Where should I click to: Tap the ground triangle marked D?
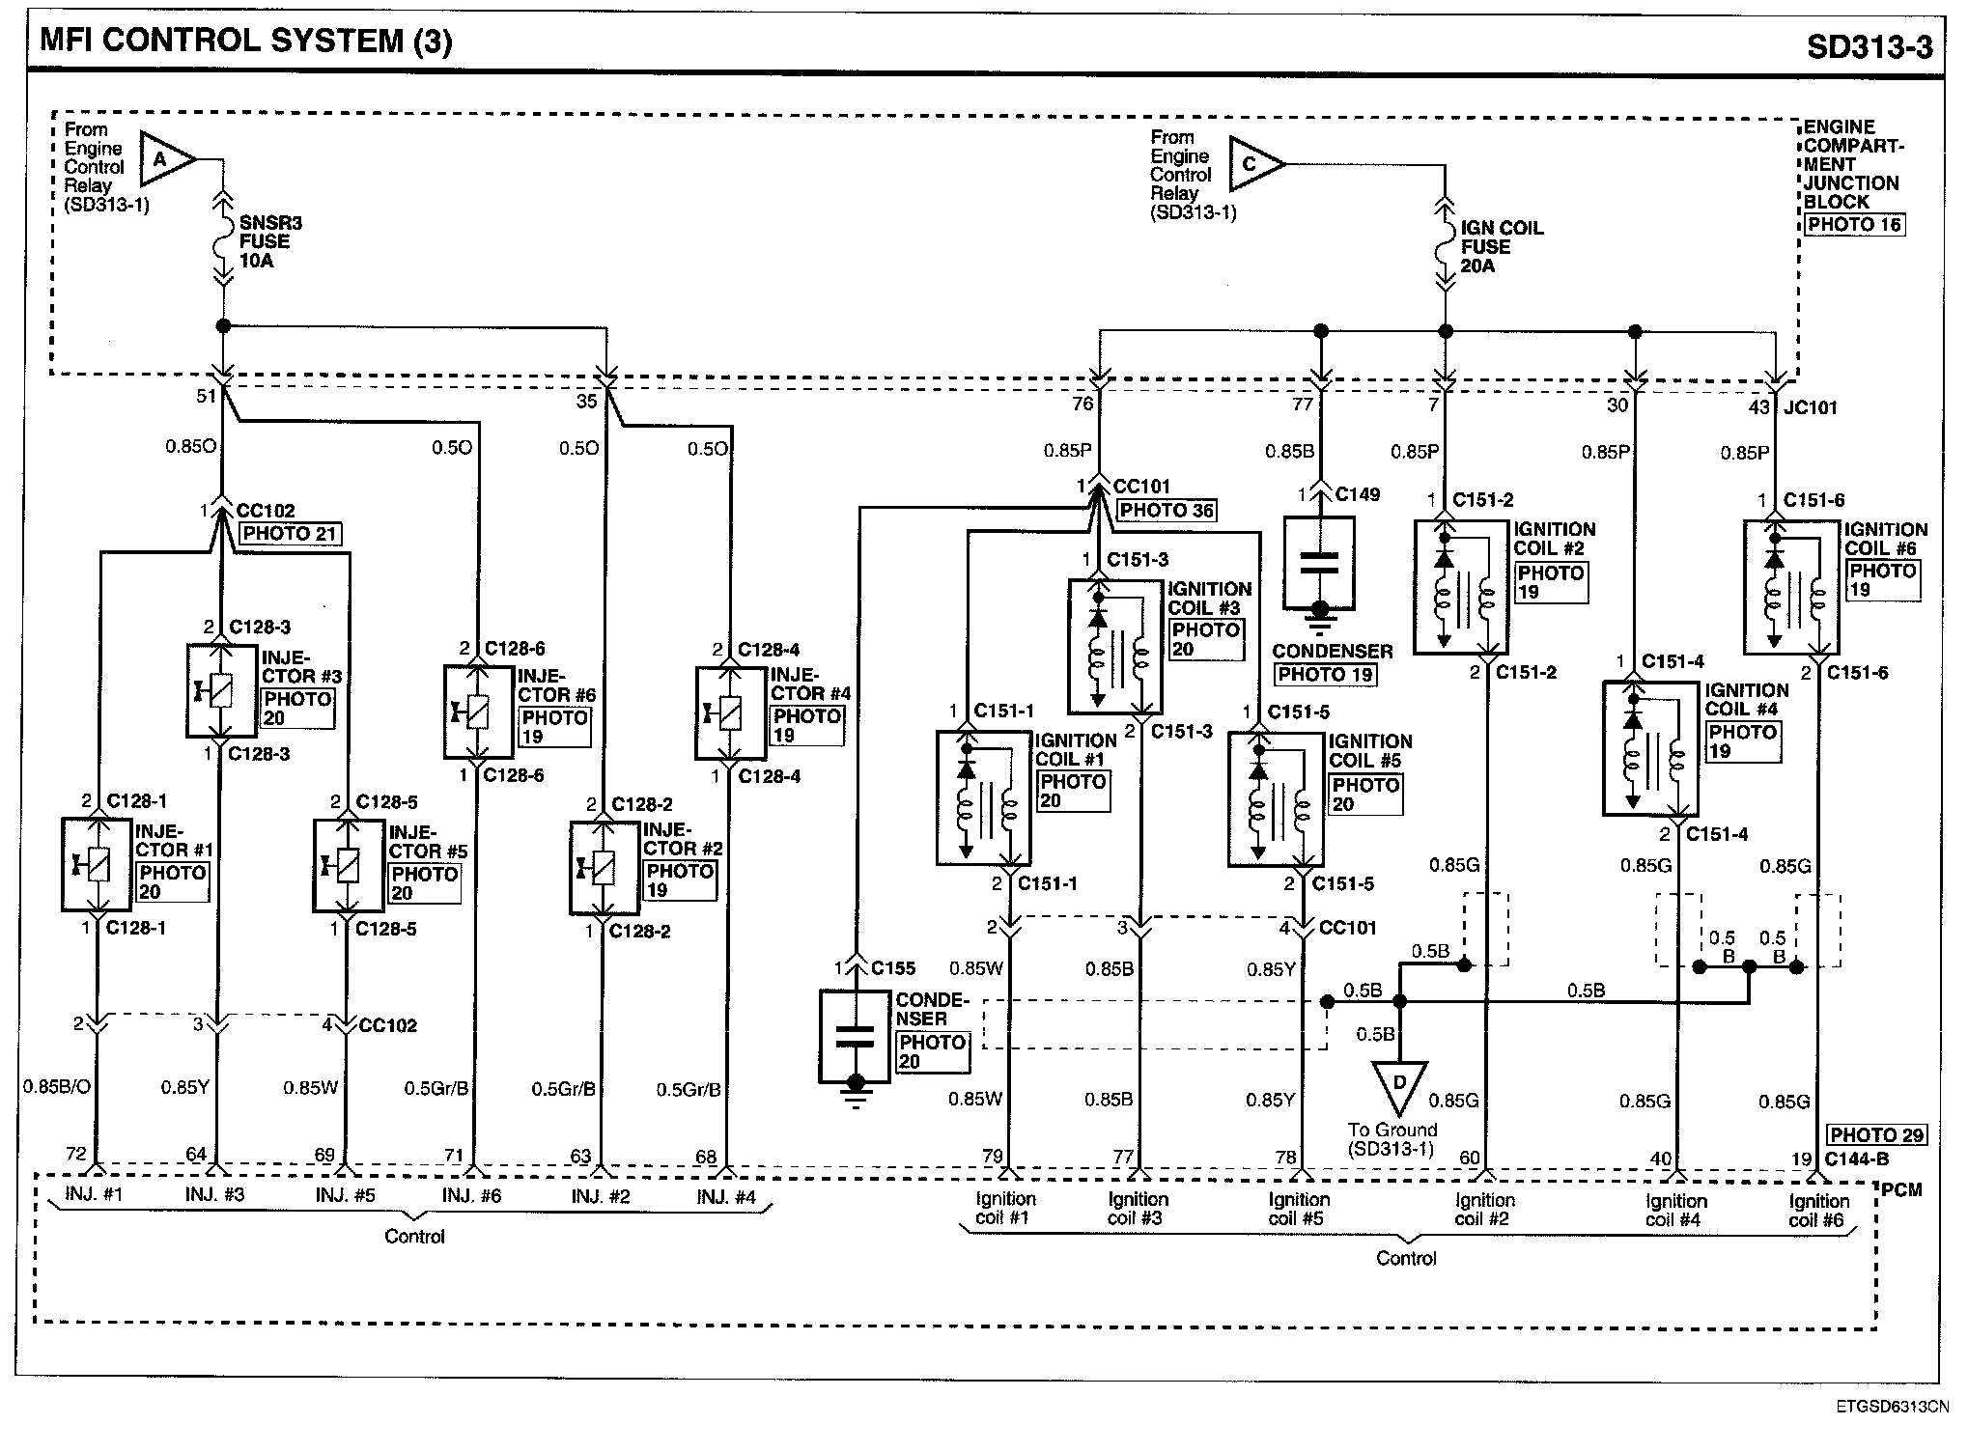[x=1398, y=1086]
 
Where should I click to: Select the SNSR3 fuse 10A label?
[x=270, y=242]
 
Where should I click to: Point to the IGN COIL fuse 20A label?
[x=1501, y=247]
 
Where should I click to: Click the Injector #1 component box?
[x=97, y=864]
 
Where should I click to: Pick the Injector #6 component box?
[x=479, y=712]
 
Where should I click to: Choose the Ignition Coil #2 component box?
[x=1461, y=587]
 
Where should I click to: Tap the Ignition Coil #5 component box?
[x=1275, y=799]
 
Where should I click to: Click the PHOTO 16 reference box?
[x=1853, y=225]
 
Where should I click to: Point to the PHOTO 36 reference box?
[x=1167, y=511]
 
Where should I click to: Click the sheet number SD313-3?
[x=1870, y=46]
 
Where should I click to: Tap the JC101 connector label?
[x=1811, y=407]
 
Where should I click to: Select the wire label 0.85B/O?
[x=57, y=1087]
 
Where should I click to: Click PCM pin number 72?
[x=76, y=1154]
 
